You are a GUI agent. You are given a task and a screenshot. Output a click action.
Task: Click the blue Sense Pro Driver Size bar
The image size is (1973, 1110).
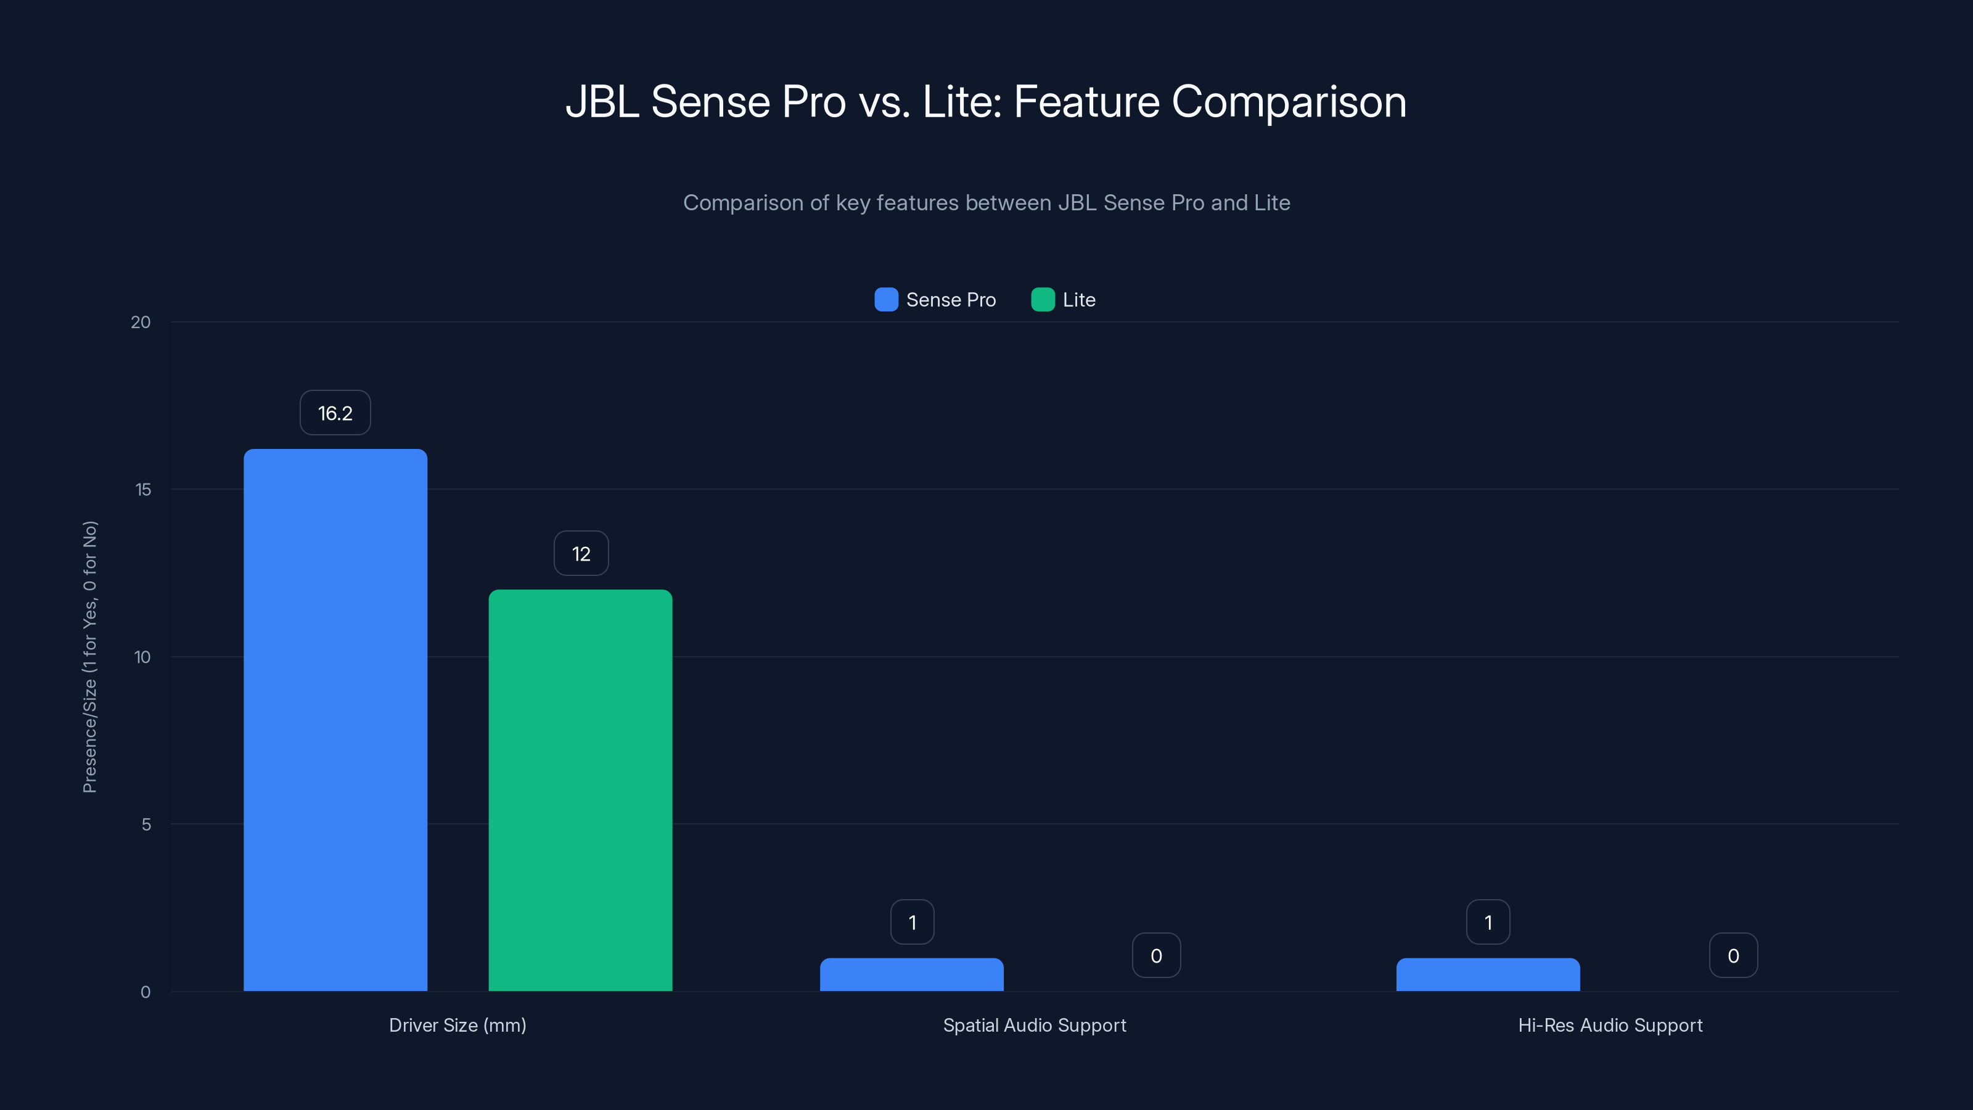(x=335, y=720)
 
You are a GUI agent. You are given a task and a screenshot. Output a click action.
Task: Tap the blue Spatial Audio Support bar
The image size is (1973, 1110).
(x=911, y=974)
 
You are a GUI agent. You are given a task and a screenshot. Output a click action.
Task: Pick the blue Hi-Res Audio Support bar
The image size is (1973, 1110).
(x=1487, y=974)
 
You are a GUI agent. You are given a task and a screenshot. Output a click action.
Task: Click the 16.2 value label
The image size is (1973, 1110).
(x=335, y=413)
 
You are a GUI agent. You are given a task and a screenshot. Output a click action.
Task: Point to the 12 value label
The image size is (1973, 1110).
(x=581, y=553)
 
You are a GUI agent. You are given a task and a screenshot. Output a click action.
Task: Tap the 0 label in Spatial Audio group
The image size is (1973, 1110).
(x=1156, y=955)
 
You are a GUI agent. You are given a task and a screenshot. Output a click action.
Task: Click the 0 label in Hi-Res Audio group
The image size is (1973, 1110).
(x=1733, y=955)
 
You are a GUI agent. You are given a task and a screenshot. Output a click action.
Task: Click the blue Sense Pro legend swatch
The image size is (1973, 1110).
(x=885, y=300)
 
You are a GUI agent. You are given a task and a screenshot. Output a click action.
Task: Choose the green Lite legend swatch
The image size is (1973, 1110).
(x=1043, y=300)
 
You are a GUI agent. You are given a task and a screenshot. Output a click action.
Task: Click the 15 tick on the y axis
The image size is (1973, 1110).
(x=142, y=490)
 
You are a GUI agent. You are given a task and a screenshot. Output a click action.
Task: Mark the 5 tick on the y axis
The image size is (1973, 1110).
(x=146, y=824)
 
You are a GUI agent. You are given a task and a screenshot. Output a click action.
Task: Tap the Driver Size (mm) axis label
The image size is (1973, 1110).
(x=457, y=1025)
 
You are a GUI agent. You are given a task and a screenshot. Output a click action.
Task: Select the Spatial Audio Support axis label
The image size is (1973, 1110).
(x=1034, y=1025)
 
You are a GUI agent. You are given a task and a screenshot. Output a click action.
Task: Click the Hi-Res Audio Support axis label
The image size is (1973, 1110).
(x=1610, y=1025)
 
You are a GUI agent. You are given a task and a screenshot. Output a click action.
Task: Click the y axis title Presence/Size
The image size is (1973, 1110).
(x=89, y=657)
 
